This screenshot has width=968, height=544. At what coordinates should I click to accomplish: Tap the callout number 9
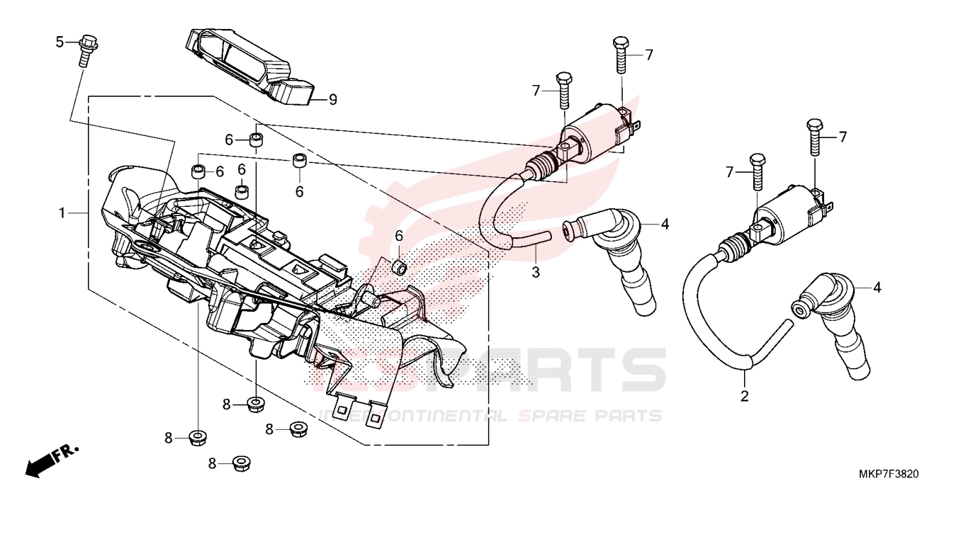(x=332, y=100)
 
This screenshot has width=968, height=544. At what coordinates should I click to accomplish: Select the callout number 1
(x=62, y=212)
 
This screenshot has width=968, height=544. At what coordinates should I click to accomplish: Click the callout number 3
(x=536, y=272)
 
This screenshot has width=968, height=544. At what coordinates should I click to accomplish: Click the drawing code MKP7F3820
(x=889, y=474)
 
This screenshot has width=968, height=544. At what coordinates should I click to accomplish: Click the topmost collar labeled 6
(x=257, y=139)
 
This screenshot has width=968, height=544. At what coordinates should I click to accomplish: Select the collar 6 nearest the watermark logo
(x=399, y=266)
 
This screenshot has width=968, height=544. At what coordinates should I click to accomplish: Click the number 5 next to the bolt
(x=60, y=42)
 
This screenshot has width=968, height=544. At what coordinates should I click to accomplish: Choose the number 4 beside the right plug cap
(x=877, y=288)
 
